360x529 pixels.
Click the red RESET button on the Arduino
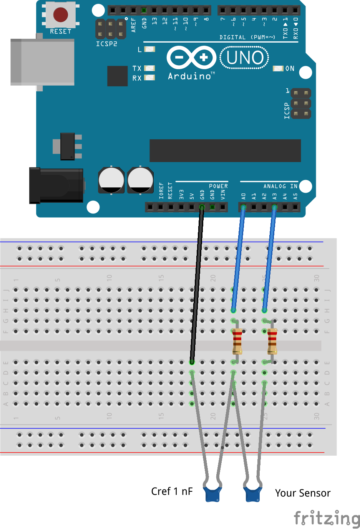(x=60, y=15)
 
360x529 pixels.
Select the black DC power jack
(x=56, y=185)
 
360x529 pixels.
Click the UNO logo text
(x=244, y=58)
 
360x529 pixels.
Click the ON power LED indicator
(x=278, y=68)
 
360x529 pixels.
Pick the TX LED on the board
(x=149, y=68)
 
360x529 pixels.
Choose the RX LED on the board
(x=149, y=78)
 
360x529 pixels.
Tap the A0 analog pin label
(x=243, y=196)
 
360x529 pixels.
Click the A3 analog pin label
(x=274, y=196)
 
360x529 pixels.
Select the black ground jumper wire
(x=197, y=284)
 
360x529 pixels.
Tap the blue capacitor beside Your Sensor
(x=253, y=494)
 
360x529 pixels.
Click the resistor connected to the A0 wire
(x=237, y=341)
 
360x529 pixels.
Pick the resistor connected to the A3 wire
(x=272, y=341)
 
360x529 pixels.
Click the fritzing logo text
(x=327, y=518)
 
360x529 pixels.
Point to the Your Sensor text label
(x=303, y=493)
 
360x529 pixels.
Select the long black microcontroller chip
(x=225, y=150)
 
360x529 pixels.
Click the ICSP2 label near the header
(x=106, y=44)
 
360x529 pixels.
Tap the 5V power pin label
(x=192, y=196)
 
